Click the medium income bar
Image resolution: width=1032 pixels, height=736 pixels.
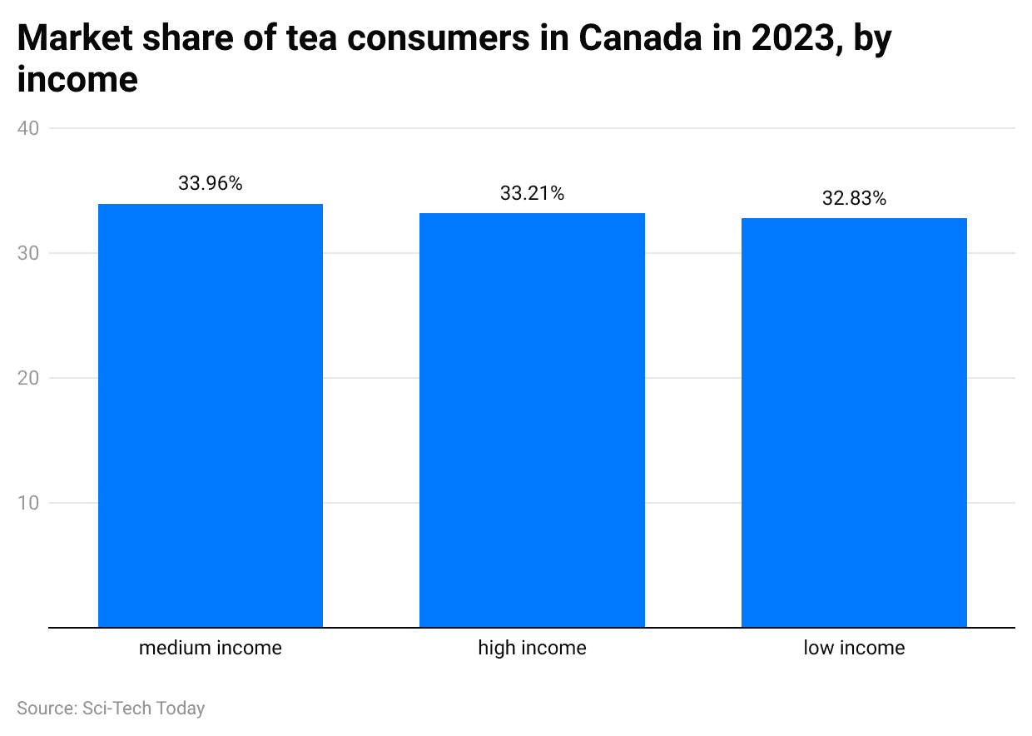pos(211,415)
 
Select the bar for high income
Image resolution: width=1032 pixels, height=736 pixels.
pos(532,420)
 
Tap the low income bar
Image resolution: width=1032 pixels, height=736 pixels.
pos(854,422)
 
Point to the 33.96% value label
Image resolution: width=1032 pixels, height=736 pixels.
pos(211,184)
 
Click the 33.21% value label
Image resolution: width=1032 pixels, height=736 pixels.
pos(532,194)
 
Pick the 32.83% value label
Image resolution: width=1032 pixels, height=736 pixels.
pos(854,199)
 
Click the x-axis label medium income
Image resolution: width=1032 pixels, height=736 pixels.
pos(211,648)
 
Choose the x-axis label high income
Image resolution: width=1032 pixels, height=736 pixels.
pos(532,648)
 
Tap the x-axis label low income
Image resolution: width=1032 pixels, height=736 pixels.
pos(854,648)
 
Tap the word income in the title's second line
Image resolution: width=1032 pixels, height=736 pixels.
pos(77,80)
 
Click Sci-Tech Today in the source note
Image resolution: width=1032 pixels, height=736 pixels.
pos(144,709)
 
